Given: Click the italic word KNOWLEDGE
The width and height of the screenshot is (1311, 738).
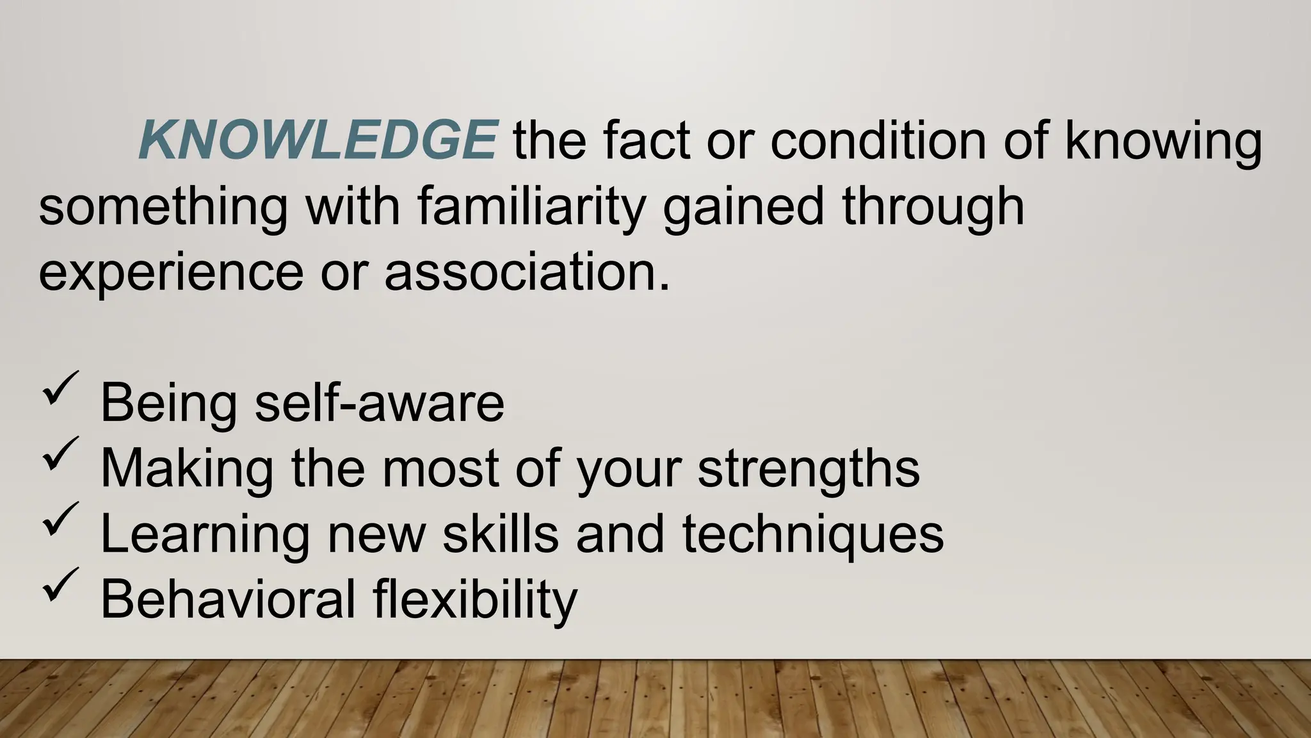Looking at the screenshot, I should [x=318, y=141].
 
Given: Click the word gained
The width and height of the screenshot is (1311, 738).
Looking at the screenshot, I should [x=743, y=208].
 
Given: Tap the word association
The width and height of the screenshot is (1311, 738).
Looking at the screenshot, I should [x=527, y=272].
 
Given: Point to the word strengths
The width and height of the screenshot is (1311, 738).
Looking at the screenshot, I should [x=808, y=469].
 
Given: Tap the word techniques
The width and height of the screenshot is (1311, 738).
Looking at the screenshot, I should [x=812, y=534].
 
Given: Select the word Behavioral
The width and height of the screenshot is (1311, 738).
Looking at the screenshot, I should [x=227, y=599].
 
